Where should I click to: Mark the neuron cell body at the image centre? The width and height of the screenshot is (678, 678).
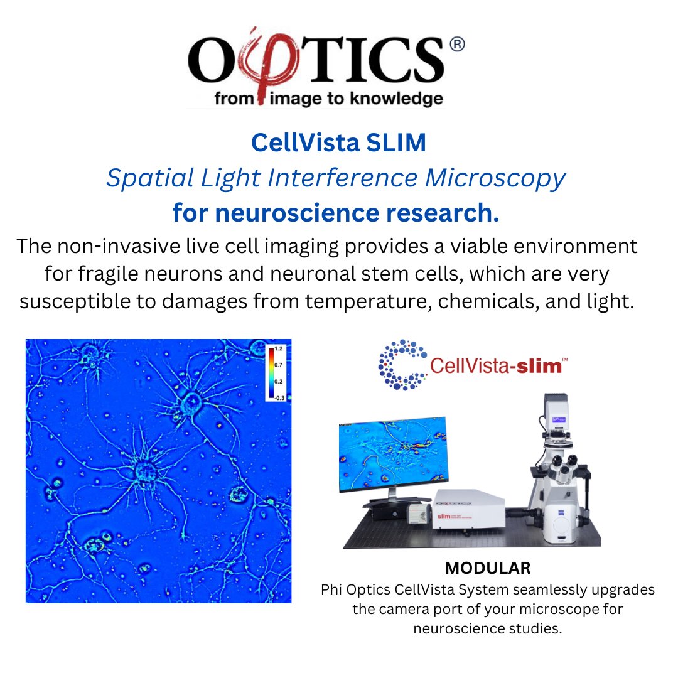coord(146,469)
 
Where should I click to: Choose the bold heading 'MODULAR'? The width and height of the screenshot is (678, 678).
coord(488,568)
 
